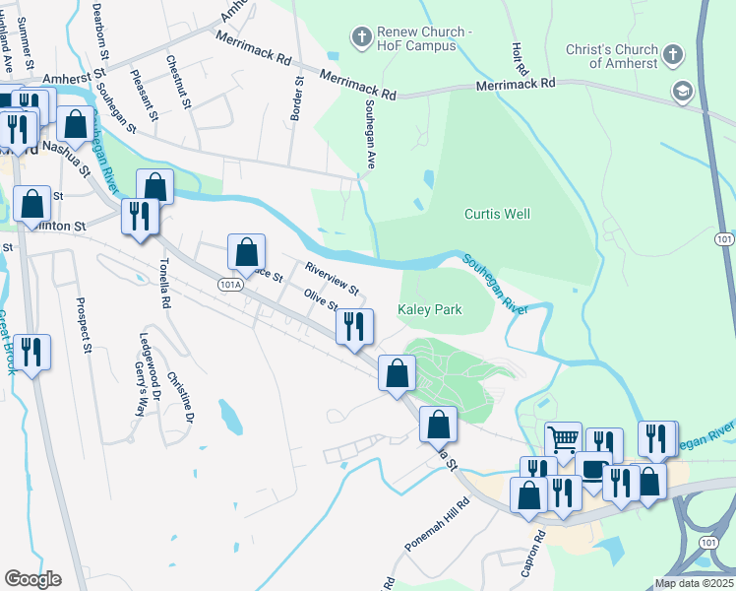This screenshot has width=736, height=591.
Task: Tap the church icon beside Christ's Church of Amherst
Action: [674, 55]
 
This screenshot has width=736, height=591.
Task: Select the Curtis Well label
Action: [497, 214]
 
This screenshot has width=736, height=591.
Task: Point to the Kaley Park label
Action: [430, 309]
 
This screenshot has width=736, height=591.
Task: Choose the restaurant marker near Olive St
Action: [354, 326]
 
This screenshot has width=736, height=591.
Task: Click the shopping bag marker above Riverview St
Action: [246, 252]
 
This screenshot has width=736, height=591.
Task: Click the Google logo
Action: [32, 579]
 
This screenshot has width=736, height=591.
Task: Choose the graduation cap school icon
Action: [682, 92]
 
